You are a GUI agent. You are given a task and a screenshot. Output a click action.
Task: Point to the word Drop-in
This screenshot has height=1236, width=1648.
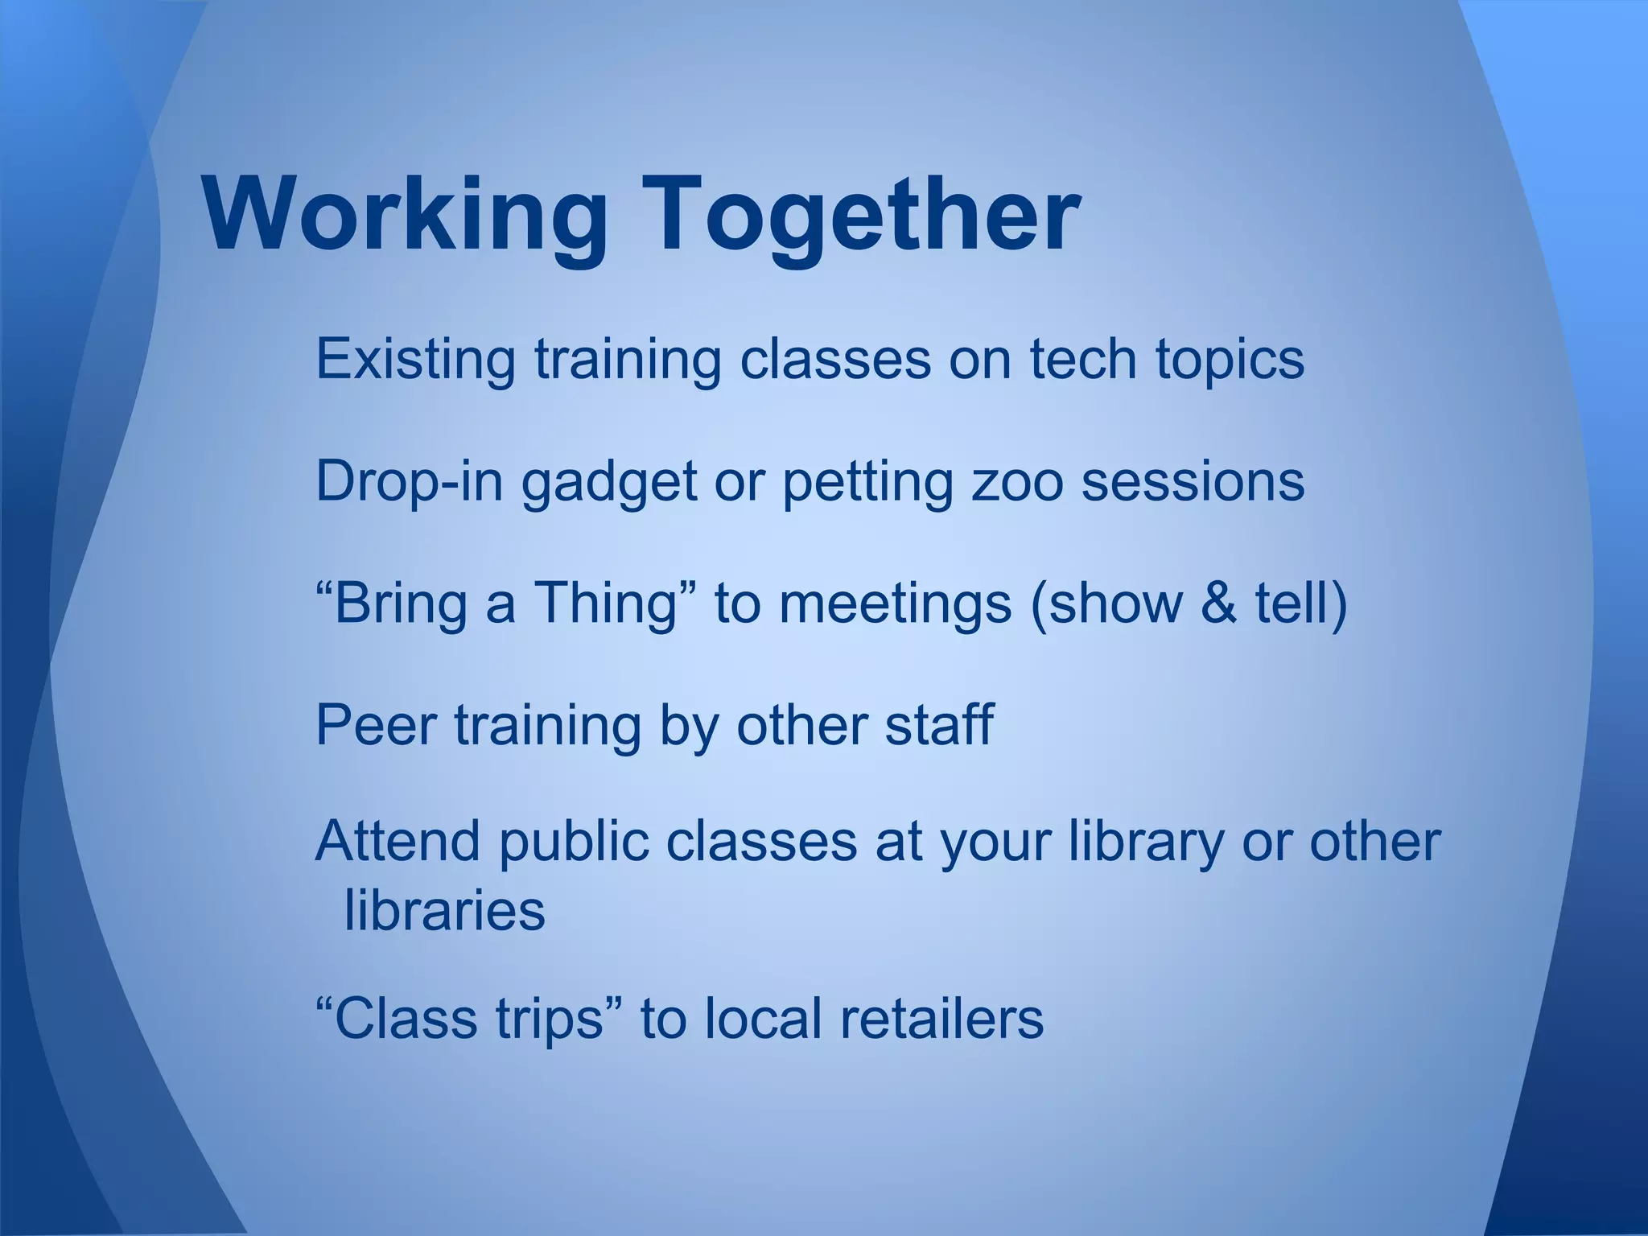[410, 481]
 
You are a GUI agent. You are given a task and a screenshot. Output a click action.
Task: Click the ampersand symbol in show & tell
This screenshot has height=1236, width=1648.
[1218, 604]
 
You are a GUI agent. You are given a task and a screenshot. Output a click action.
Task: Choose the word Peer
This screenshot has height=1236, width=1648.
[376, 726]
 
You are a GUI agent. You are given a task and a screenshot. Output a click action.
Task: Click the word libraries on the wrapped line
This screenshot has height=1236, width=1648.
[445, 911]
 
